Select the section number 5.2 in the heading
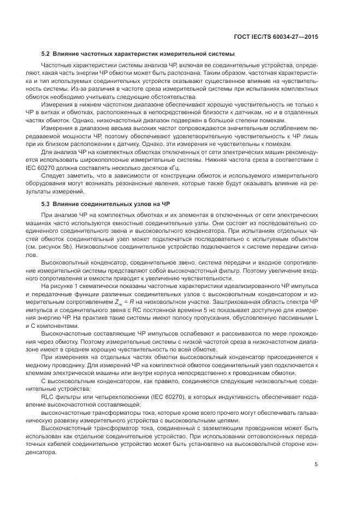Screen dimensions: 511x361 click(46, 54)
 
